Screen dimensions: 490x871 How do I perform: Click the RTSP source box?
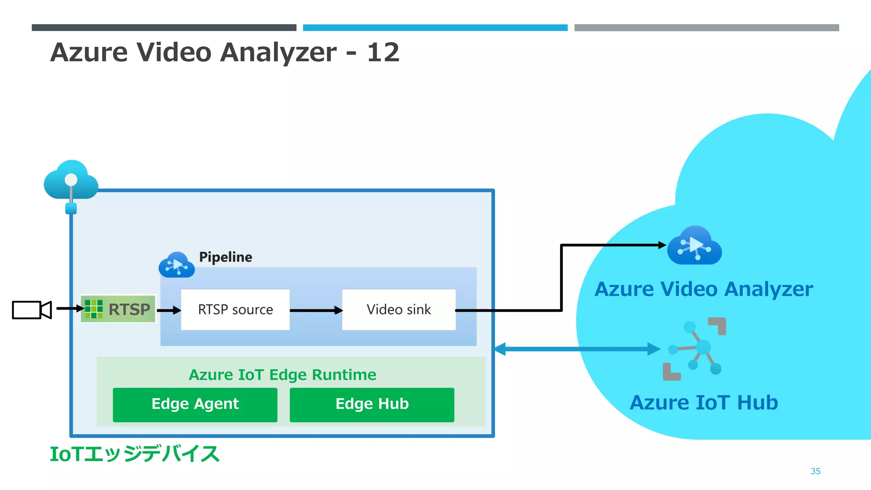click(x=235, y=309)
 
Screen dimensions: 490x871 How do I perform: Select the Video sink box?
click(x=398, y=309)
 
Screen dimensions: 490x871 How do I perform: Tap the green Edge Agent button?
click(x=195, y=405)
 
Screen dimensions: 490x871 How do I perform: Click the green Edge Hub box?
click(x=372, y=405)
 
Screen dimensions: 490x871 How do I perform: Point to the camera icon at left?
click(x=31, y=310)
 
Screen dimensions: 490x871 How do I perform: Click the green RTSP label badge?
click(x=118, y=309)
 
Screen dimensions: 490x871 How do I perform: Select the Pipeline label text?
click(x=225, y=257)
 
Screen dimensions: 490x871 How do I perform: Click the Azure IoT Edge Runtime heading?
click(x=282, y=375)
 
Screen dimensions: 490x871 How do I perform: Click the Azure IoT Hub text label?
click(x=704, y=402)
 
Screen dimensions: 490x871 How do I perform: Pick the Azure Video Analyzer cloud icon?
click(x=694, y=246)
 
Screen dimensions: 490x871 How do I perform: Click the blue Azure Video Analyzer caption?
click(x=703, y=289)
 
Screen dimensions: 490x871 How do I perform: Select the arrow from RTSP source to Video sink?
click(x=316, y=311)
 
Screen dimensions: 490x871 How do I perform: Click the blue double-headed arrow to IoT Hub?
click(x=576, y=349)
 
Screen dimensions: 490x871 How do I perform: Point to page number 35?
click(x=815, y=471)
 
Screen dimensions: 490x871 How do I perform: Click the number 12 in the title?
click(x=383, y=52)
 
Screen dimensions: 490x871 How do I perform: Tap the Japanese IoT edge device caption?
click(x=134, y=454)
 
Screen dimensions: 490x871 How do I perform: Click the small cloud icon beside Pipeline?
click(x=176, y=265)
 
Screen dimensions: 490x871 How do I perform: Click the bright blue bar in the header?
click(x=435, y=28)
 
